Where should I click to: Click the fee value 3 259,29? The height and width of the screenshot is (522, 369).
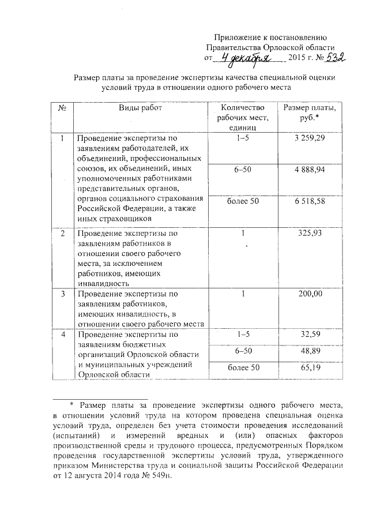click(309, 139)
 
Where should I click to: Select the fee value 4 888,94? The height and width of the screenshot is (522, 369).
click(309, 171)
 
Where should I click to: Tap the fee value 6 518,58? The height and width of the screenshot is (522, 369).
click(309, 202)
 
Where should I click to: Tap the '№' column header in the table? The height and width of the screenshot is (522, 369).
click(61, 108)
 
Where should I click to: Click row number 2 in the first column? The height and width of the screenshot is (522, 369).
click(62, 234)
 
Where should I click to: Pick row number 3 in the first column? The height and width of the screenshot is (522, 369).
click(62, 294)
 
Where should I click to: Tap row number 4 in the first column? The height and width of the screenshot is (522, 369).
click(62, 335)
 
